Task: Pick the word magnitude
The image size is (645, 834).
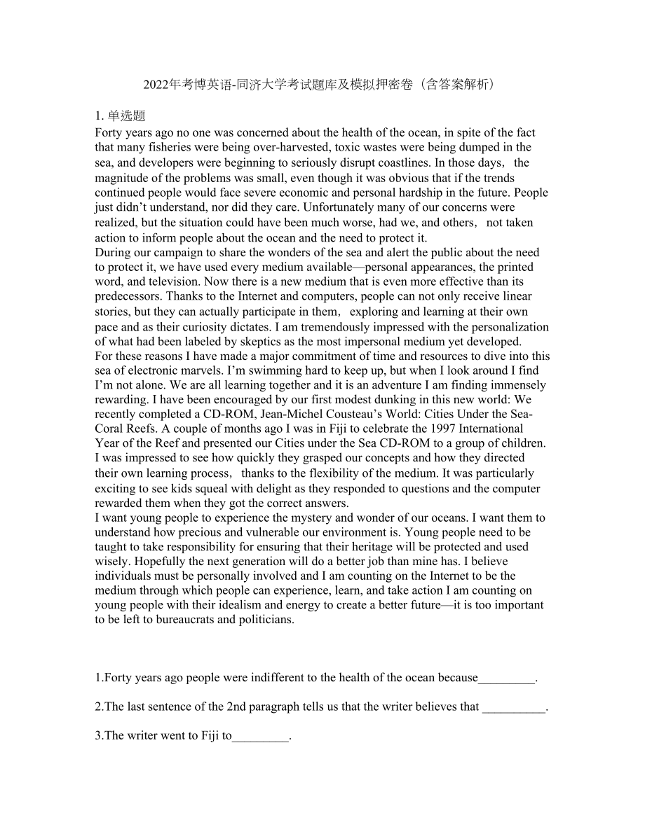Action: click(123, 177)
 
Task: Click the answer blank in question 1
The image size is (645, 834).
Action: click(506, 678)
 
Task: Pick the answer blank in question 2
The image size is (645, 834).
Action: click(513, 708)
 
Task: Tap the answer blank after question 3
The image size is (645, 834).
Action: click(260, 737)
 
